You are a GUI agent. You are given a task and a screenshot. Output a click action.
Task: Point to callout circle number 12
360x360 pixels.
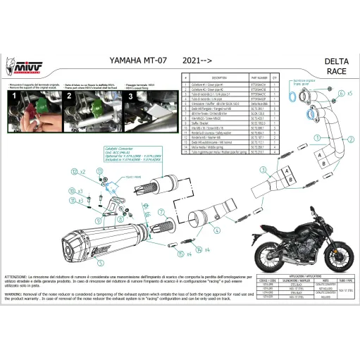74,171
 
